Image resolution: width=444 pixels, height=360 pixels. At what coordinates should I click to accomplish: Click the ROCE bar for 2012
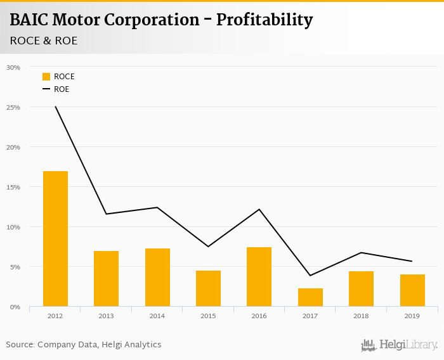point(55,239)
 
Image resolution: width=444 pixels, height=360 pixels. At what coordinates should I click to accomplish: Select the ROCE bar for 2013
point(106,279)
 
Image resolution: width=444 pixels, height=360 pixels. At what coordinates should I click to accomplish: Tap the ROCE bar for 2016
point(259,277)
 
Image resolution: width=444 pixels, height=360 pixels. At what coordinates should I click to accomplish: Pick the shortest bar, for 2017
point(310,297)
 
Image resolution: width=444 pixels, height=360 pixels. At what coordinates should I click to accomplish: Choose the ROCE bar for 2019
point(412,290)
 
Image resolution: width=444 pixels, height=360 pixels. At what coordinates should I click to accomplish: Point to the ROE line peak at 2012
point(55,106)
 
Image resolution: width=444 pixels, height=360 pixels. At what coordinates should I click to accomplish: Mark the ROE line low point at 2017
point(310,275)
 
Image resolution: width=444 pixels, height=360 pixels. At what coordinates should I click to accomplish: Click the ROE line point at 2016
point(259,209)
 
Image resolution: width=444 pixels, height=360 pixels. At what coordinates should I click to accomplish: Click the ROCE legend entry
point(58,77)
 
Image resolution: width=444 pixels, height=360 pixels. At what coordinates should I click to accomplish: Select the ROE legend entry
point(56,89)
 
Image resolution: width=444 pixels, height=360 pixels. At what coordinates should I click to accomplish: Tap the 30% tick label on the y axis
point(13,67)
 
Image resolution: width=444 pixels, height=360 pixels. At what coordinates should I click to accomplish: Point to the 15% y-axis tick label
point(13,187)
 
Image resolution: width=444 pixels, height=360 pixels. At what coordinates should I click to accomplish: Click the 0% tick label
point(15,307)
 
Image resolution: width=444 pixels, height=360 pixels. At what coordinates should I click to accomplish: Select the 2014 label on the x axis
point(157,315)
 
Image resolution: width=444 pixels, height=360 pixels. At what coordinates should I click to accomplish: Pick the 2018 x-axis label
point(361,315)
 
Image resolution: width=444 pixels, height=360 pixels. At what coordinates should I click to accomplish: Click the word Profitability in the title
point(264,20)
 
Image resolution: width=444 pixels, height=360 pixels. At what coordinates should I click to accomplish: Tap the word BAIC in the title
point(31,20)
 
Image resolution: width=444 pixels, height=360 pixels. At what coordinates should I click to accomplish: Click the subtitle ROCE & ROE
point(44,41)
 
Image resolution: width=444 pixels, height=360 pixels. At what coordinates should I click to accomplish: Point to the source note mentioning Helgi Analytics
point(84,345)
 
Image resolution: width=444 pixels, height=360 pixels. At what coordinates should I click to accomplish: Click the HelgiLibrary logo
point(399,345)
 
